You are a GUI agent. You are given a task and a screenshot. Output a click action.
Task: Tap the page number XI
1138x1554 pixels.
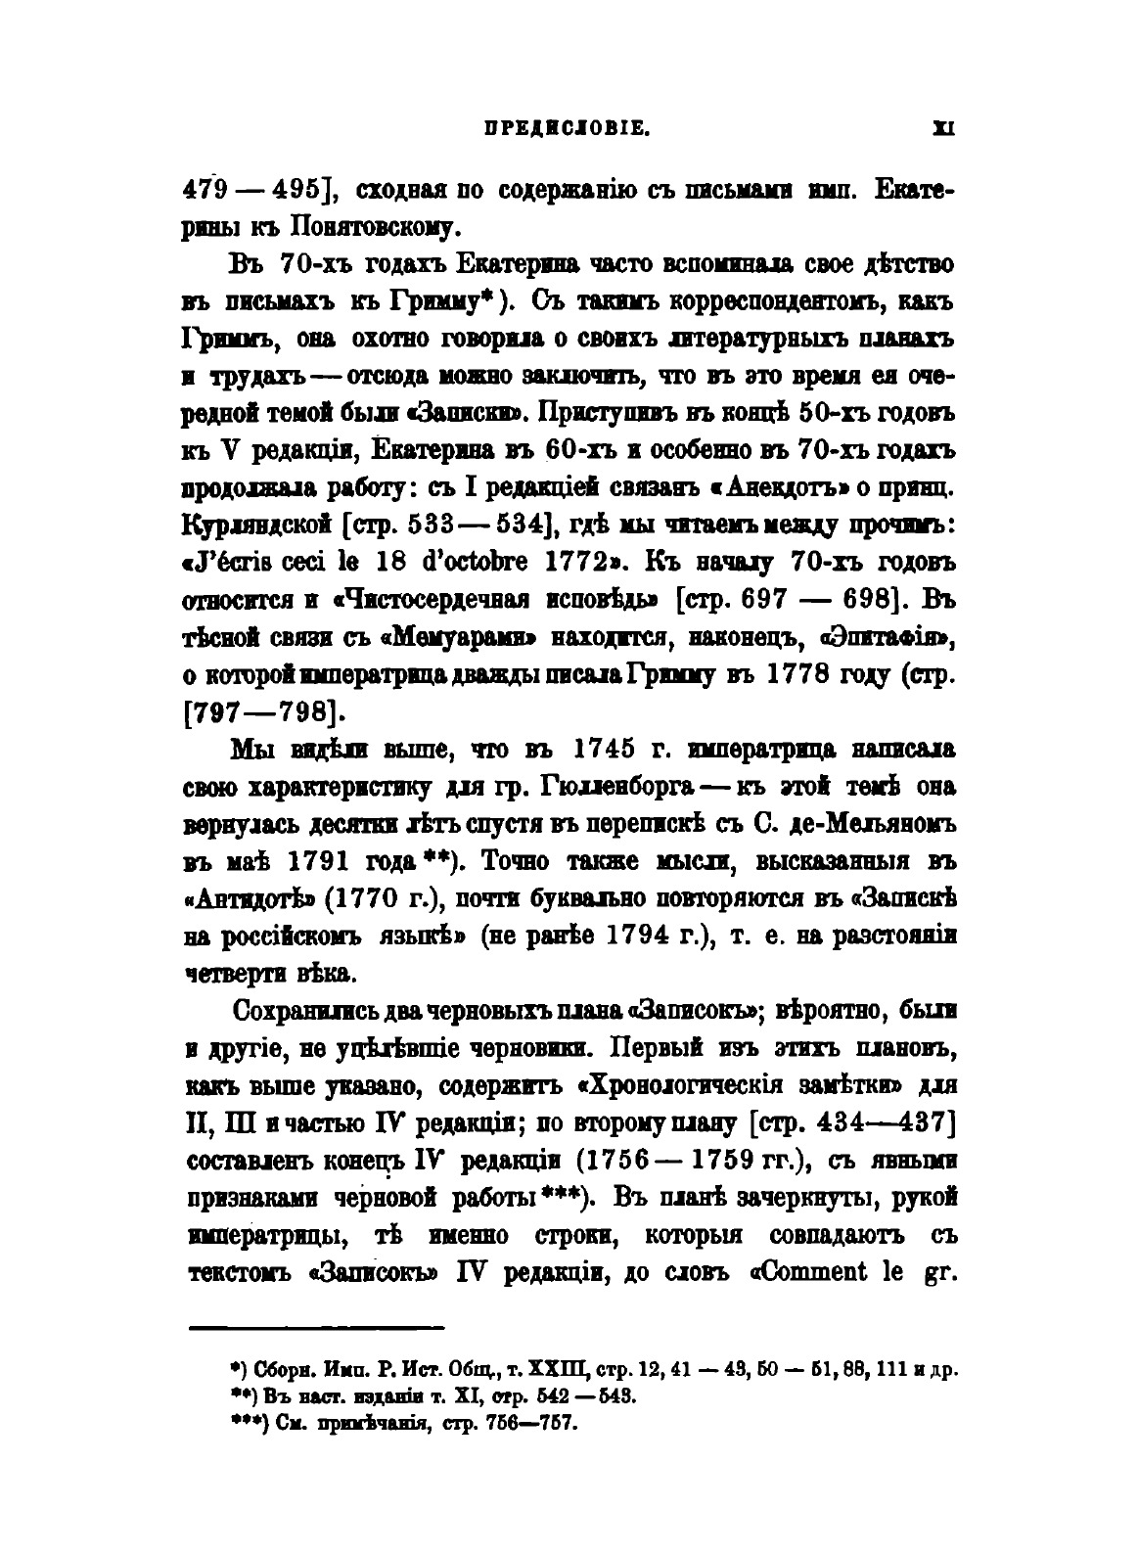pyautogui.click(x=944, y=127)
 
